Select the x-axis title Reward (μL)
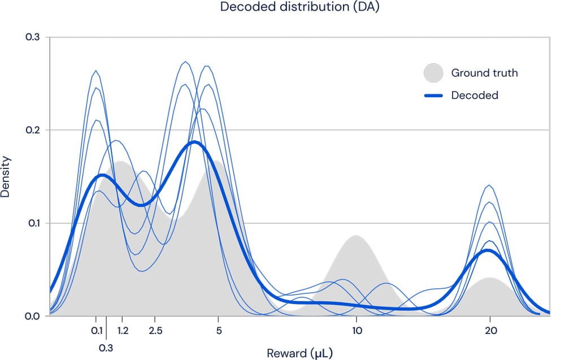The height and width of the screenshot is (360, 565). point(300,354)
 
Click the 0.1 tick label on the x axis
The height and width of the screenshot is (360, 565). point(97,331)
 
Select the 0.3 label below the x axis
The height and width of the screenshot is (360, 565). point(106,348)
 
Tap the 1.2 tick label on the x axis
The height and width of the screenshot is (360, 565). point(123,331)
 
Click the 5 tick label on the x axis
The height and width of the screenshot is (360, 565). point(219,331)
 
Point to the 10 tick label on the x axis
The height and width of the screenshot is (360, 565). point(356,331)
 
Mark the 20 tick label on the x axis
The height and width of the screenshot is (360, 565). point(490,331)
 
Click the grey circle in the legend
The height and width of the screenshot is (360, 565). point(433,73)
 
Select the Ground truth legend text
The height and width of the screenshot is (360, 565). point(484,73)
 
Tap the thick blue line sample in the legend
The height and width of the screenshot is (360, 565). point(433,96)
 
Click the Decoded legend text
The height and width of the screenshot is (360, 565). point(475,96)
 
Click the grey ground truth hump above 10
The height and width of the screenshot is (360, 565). point(356,266)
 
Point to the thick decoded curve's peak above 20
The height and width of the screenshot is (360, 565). point(489,250)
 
